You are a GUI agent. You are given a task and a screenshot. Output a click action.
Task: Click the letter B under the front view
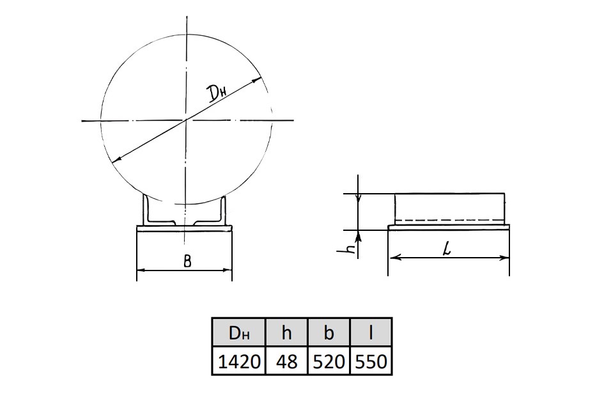pyautogui.click(x=187, y=262)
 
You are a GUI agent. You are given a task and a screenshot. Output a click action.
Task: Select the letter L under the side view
pyautogui.click(x=447, y=249)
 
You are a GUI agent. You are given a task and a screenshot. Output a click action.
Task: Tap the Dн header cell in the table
pyautogui.click(x=239, y=333)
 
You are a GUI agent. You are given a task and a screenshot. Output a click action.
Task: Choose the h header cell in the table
pyautogui.click(x=286, y=333)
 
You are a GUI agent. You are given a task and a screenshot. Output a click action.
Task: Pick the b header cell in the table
pyautogui.click(x=329, y=333)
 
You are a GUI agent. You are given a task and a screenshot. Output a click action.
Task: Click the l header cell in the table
pyautogui.click(x=371, y=333)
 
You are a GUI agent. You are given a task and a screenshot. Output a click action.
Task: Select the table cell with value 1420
pyautogui.click(x=239, y=361)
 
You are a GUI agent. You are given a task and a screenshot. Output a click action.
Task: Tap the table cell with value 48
pyautogui.click(x=286, y=361)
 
